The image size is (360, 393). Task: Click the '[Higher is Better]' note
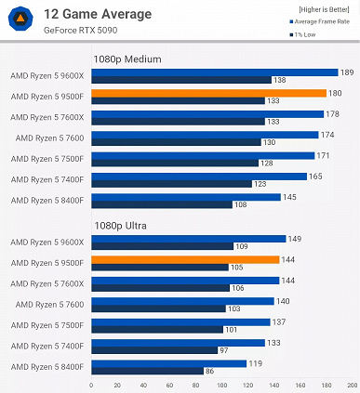pyautogui.click(x=323, y=9)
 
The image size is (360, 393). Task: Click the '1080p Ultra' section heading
pyautogui.click(x=121, y=224)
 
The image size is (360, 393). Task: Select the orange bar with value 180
pyautogui.click(x=208, y=93)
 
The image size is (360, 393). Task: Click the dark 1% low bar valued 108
pyautogui.click(x=161, y=203)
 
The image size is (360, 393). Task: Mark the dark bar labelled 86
pyautogui.click(x=147, y=371)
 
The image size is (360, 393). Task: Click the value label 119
pyautogui.click(x=255, y=363)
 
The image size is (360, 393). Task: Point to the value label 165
pyautogui.click(x=315, y=176)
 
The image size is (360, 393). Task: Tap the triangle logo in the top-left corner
pyautogui.click(x=20, y=20)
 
